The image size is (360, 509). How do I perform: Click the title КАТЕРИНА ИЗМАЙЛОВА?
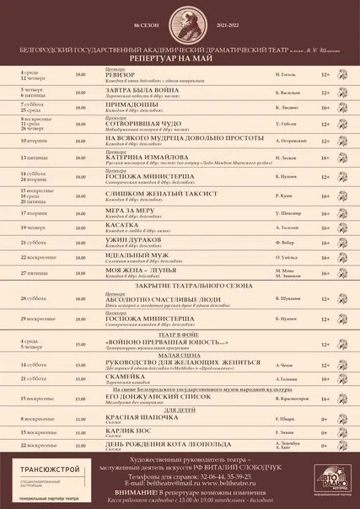(147, 156)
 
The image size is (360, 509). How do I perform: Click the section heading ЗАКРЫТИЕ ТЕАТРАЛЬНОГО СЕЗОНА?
(179, 287)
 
